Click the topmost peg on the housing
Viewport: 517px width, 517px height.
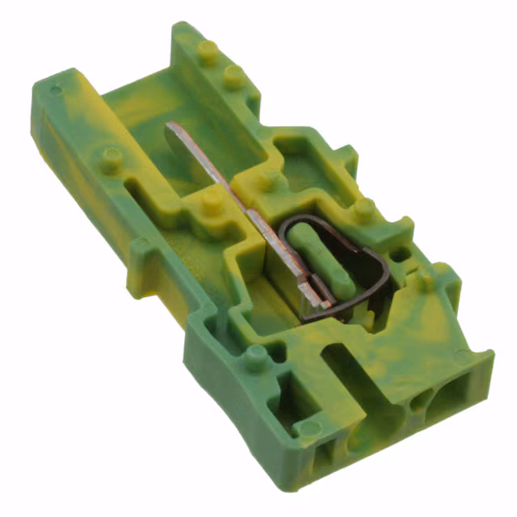(208, 51)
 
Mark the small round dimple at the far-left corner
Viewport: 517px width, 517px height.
(54, 89)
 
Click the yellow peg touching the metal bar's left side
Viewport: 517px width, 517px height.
(212, 199)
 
